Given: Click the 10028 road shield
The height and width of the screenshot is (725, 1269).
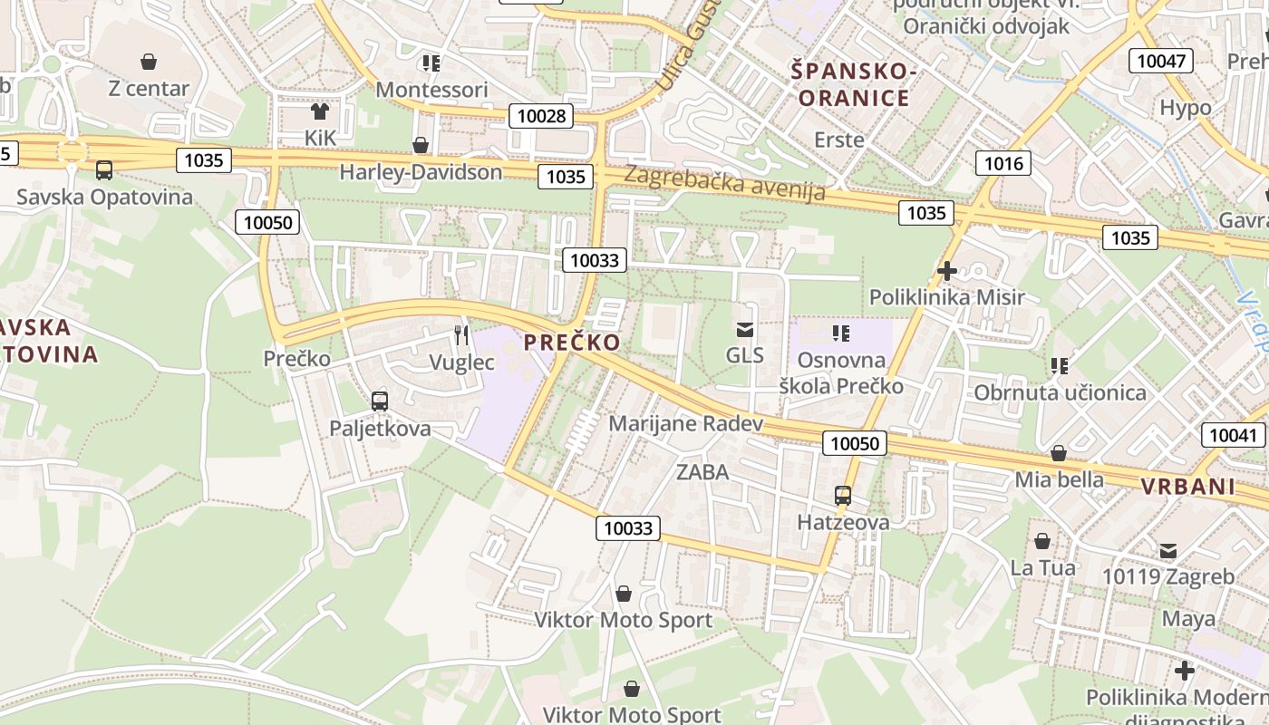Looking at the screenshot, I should [x=541, y=115].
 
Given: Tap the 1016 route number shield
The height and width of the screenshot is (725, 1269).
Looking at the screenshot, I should [x=1003, y=163].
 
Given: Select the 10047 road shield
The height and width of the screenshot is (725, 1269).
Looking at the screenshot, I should [x=1160, y=61].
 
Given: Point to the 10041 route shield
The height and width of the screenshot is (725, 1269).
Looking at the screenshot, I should [x=1233, y=435].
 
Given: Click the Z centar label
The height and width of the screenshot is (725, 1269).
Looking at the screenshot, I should [x=149, y=88].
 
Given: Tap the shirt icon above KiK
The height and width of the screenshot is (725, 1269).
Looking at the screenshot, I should [x=320, y=111].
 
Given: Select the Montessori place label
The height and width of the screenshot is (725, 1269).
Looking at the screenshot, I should [x=431, y=90].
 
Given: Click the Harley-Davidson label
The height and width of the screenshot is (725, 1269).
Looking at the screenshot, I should [x=421, y=171].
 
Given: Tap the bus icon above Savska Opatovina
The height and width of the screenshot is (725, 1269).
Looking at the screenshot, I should [x=104, y=169].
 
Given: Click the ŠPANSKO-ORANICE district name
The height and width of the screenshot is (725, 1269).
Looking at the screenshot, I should [x=853, y=84].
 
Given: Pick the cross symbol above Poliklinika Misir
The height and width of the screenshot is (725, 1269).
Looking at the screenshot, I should [x=947, y=270].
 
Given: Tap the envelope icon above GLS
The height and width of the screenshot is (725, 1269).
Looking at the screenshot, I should [x=745, y=329].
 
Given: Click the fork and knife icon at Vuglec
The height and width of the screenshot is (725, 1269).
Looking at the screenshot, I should [x=462, y=335].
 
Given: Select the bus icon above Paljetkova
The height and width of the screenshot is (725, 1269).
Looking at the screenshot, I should [x=380, y=401].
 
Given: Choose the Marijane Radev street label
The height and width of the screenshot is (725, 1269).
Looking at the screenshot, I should [x=685, y=423].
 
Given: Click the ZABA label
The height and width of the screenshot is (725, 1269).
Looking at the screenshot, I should [x=702, y=471].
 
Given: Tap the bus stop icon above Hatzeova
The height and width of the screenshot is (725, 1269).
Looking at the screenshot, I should [x=843, y=495].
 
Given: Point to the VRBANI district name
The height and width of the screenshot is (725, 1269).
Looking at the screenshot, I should [x=1187, y=486].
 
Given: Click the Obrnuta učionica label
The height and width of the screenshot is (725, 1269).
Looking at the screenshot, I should [x=1060, y=392].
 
